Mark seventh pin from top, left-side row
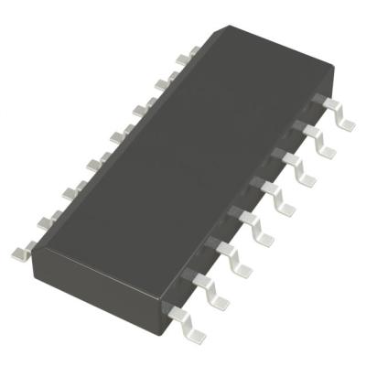click(x=45, y=220)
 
